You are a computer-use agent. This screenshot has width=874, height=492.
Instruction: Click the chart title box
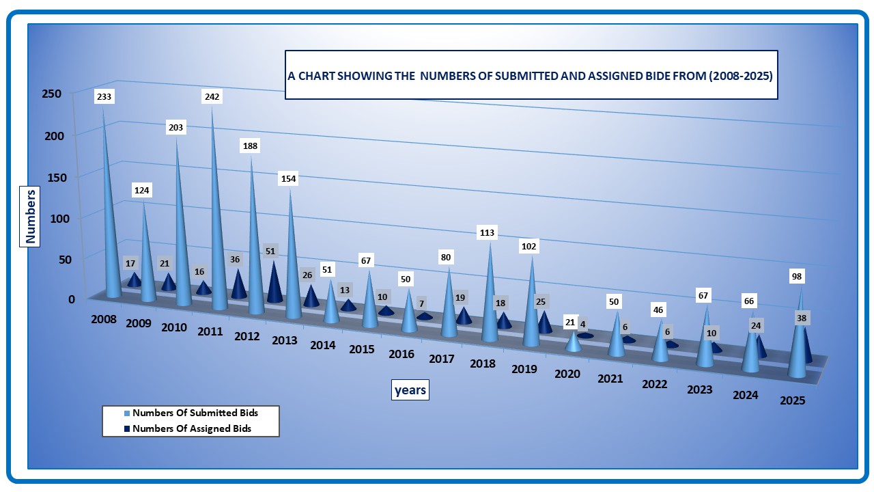point(531,75)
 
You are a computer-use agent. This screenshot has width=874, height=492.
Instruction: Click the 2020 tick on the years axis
point(567,374)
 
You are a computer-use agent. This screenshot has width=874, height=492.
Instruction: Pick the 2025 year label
point(793,400)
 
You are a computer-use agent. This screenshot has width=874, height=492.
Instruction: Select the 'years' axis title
point(410,390)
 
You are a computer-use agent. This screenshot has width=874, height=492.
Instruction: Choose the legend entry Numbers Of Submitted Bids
point(195,413)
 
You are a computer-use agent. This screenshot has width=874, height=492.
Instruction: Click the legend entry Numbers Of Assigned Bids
point(192,428)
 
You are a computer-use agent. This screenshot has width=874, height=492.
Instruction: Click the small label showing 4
point(583,325)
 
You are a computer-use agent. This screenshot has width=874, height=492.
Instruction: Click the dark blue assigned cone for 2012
point(274,284)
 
